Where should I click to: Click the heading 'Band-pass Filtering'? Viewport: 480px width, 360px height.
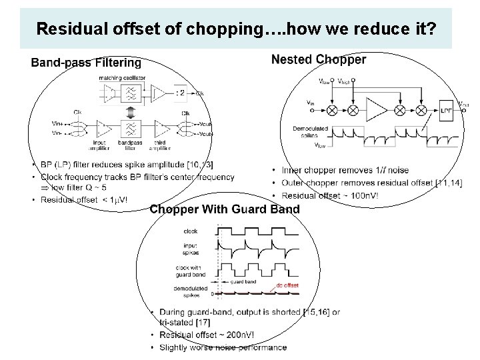coord(86,63)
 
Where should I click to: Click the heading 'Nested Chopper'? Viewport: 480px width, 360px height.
coord(319,60)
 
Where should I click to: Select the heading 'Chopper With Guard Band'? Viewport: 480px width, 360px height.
coord(225,209)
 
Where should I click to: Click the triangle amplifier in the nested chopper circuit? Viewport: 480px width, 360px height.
coord(378,107)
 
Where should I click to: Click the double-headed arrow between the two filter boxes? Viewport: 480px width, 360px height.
coord(131,110)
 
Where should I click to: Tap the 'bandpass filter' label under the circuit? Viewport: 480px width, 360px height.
coord(131,144)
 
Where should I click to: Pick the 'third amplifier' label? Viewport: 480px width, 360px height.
coord(161,144)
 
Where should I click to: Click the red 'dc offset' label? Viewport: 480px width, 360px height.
coord(287,285)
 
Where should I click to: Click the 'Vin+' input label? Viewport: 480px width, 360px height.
coord(57,123)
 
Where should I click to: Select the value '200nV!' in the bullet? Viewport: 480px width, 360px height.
coord(233,335)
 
